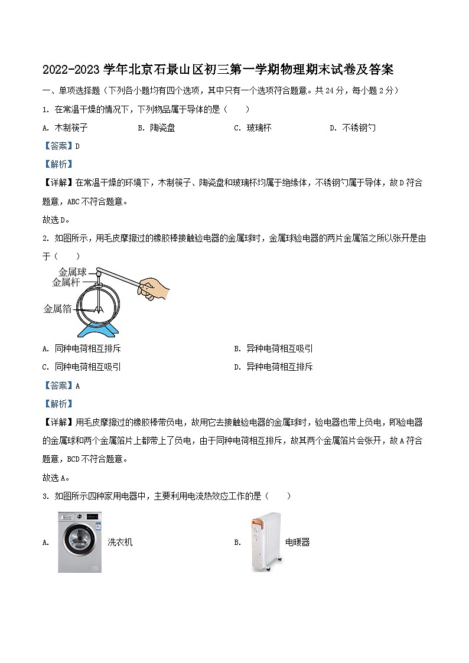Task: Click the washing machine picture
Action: click(x=80, y=542)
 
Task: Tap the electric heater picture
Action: click(x=266, y=541)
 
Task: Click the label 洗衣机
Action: click(x=120, y=542)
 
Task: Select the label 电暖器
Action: click(x=297, y=542)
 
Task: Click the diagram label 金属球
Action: click(x=72, y=272)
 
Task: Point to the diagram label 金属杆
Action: click(x=66, y=282)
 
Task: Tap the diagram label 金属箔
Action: click(x=57, y=308)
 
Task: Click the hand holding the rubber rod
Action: click(x=155, y=288)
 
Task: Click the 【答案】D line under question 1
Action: click(x=61, y=146)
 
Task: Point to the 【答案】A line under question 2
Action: click(x=61, y=386)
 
